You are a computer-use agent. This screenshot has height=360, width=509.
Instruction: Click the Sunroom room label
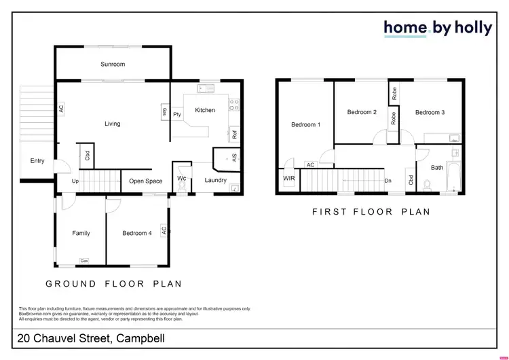click(x=113, y=65)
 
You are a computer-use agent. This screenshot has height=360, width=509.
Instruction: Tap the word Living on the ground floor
click(x=112, y=124)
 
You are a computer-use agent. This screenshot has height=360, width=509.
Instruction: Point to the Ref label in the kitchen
click(x=234, y=134)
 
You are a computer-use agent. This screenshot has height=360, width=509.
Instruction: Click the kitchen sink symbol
click(x=205, y=88)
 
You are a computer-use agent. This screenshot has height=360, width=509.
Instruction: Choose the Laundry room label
click(x=215, y=180)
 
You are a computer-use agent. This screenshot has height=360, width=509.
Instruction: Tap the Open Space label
click(x=145, y=181)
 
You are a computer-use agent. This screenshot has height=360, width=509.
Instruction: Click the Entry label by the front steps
click(x=37, y=161)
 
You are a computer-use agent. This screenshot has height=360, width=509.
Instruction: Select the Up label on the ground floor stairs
click(x=75, y=181)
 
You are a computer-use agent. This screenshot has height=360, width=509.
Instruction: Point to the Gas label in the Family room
click(x=84, y=261)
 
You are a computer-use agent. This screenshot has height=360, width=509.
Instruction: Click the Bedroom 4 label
click(x=137, y=233)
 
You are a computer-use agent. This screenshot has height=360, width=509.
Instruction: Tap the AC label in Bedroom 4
click(x=164, y=231)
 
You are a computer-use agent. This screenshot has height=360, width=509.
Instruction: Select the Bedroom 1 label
click(x=305, y=124)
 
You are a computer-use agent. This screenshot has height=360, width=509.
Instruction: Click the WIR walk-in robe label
click(x=288, y=180)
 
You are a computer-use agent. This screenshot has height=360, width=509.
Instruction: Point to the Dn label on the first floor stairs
click(x=388, y=181)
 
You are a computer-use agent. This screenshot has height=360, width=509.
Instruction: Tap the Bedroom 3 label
click(x=430, y=112)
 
